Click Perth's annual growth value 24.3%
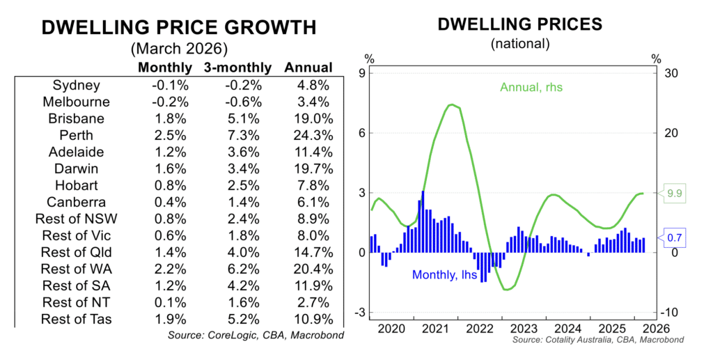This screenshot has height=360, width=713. pyautogui.click(x=308, y=135)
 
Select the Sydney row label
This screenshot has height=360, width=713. pyautogui.click(x=77, y=85)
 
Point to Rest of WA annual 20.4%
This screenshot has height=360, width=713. pyautogui.click(x=308, y=268)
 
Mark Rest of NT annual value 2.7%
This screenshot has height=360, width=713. pyautogui.click(x=308, y=302)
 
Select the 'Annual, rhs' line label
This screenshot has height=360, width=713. pyautogui.click(x=531, y=88)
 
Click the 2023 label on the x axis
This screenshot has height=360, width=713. pyautogui.click(x=522, y=328)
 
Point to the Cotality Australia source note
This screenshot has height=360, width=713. pyautogui.click(x=597, y=340)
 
